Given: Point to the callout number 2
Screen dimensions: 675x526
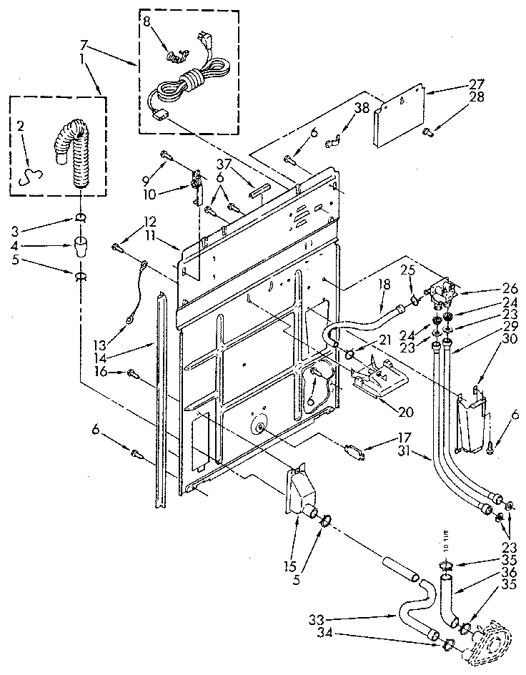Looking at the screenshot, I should click(x=21, y=127).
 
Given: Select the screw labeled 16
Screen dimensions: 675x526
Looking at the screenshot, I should click(x=134, y=373).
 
